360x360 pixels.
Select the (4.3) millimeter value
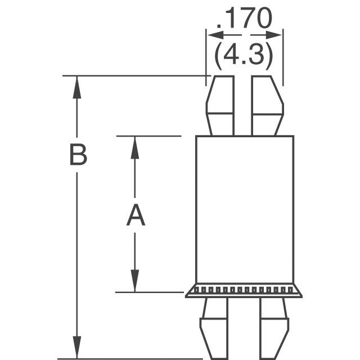click(x=244, y=55)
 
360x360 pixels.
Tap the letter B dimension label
click(x=78, y=155)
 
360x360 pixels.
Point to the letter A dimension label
click(x=135, y=216)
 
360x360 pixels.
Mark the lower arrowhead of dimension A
click(x=135, y=282)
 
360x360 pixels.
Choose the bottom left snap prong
click(x=213, y=329)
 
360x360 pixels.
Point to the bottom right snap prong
click(x=274, y=329)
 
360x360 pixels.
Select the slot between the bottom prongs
click(x=244, y=329)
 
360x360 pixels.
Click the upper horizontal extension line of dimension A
click(x=148, y=136)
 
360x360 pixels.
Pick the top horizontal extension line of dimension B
click(x=135, y=75)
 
